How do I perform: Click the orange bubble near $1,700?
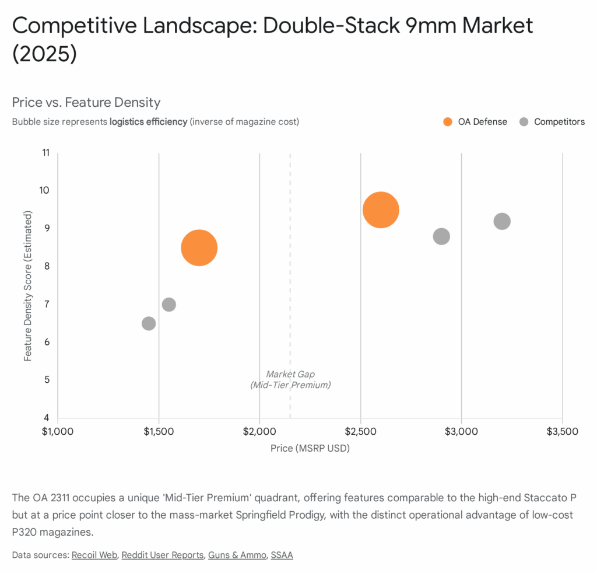[x=199, y=248]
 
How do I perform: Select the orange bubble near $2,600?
[x=381, y=210]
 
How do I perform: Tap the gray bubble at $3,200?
[x=502, y=221]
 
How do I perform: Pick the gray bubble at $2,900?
[x=441, y=236]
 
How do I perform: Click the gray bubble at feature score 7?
[x=169, y=305]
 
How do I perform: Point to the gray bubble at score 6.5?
[x=149, y=323]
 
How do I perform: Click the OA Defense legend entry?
[x=475, y=122]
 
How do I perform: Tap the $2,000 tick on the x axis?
[x=259, y=432]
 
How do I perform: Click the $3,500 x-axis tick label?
[x=562, y=432]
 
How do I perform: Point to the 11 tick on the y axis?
[x=45, y=153]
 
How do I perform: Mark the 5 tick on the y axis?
[x=47, y=380]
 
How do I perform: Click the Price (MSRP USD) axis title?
[x=310, y=449]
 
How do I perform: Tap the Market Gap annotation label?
[x=290, y=379]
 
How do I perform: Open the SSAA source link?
[x=282, y=555]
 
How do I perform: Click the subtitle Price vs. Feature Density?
[x=86, y=103]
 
